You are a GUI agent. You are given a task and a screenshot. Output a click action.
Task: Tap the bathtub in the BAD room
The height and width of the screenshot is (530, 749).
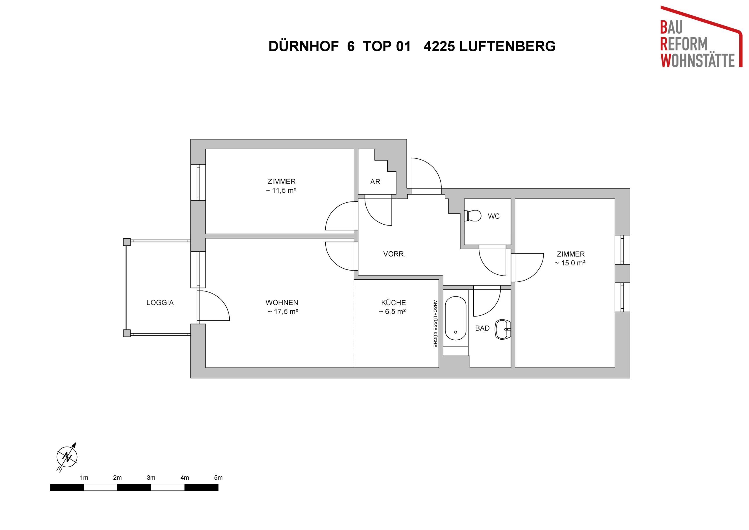(456, 318)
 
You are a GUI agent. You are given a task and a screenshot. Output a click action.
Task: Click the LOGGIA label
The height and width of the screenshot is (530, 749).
(160, 303)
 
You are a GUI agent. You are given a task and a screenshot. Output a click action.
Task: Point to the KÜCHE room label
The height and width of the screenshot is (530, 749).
(394, 303)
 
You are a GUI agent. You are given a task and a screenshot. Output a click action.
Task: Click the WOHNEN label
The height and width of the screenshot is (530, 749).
(282, 303)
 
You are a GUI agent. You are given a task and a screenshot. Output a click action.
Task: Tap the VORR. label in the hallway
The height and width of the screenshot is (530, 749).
(394, 254)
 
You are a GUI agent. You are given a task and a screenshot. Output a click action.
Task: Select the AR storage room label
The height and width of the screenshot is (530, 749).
(375, 182)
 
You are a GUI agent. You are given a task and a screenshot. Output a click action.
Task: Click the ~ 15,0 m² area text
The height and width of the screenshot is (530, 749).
(570, 263)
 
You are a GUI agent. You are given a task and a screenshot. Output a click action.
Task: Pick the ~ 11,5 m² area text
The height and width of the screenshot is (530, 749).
(281, 190)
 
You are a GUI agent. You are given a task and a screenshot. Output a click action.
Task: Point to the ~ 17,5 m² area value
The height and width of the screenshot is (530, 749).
(283, 312)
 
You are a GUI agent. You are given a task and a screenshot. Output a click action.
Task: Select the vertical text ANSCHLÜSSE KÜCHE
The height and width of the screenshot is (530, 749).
(435, 324)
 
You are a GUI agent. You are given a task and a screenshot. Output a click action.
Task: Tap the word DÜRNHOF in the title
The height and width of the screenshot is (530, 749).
(303, 46)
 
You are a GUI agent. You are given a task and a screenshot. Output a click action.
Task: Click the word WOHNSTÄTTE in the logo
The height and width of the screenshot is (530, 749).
(698, 61)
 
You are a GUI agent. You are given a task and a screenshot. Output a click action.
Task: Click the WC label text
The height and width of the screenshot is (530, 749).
(494, 216)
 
